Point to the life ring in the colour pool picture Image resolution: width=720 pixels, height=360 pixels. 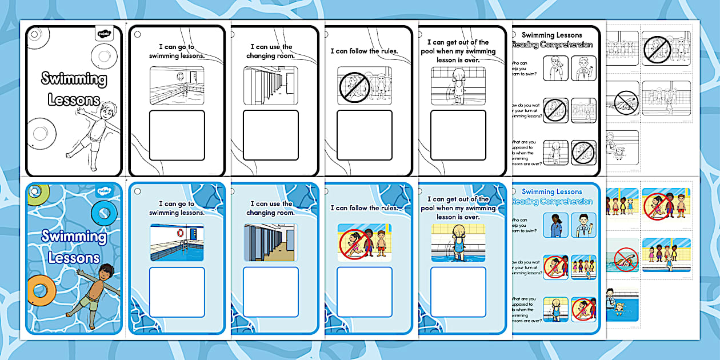tap(180, 234)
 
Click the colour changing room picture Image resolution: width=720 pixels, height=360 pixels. tap(270, 242)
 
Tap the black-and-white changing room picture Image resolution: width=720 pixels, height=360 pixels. tap(270, 86)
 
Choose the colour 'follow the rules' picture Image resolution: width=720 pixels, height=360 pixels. tap(365, 242)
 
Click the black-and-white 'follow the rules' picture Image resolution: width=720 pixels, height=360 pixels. tap(365, 86)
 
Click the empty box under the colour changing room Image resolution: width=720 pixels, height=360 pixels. tap(270, 292)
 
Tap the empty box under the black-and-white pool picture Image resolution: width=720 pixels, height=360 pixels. tap(177, 135)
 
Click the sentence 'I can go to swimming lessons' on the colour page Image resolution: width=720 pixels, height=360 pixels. tap(176, 208)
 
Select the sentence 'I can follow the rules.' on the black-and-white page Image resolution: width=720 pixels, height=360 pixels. tap(364, 51)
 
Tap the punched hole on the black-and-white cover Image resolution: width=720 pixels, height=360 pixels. tap(34, 34)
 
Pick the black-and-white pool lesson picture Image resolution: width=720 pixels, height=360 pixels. tap(177, 86)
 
